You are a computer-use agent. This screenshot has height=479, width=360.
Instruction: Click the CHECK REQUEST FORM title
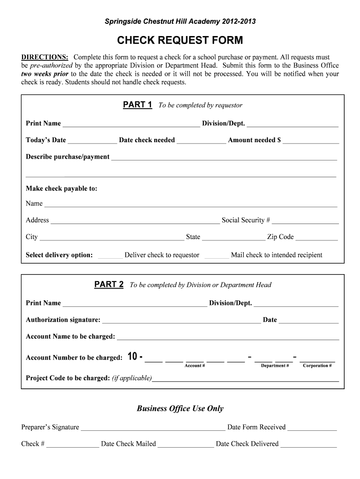180,41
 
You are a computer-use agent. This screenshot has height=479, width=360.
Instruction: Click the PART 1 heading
137,105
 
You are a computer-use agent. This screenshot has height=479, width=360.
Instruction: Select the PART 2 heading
109,284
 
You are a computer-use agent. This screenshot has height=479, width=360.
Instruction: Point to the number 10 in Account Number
132,357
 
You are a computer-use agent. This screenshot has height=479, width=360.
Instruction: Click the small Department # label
274,366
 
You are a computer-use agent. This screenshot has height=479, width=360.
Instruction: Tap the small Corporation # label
317,366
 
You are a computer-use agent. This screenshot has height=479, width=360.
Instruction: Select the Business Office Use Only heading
180,408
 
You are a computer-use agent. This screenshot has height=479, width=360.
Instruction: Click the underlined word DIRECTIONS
45,57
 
